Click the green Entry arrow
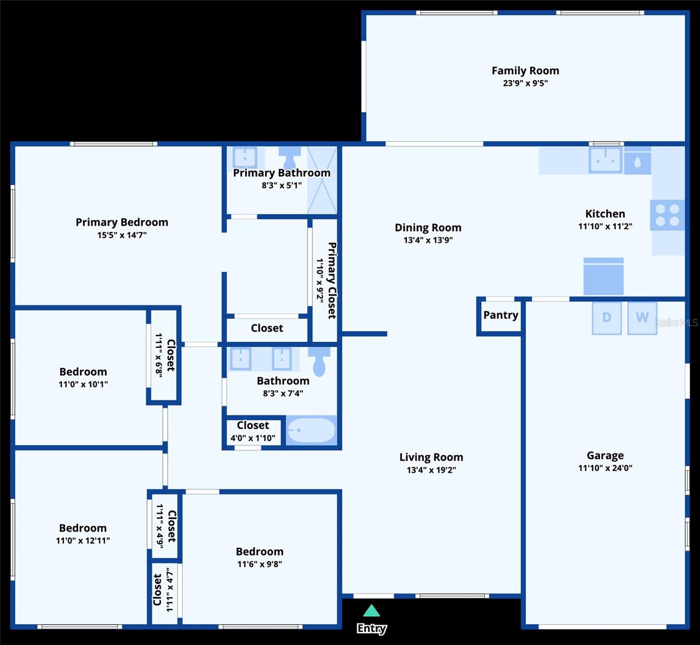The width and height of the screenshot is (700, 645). click(x=371, y=611)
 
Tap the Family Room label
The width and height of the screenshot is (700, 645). click(x=525, y=71)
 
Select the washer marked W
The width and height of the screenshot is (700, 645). click(x=642, y=318)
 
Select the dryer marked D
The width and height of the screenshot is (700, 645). click(x=607, y=318)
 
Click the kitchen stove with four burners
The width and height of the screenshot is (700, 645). click(x=667, y=215)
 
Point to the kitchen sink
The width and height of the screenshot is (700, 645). click(x=605, y=160)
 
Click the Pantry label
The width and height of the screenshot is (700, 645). click(x=501, y=316)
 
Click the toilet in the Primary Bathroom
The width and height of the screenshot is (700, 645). click(x=290, y=157)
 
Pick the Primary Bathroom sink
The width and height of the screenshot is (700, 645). click(x=245, y=157)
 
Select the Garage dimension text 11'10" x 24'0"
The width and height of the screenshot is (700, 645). click(x=605, y=468)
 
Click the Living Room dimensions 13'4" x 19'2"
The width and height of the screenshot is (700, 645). click(x=431, y=470)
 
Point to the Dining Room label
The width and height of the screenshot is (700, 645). click(x=428, y=228)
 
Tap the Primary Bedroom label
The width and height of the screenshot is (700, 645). click(x=122, y=223)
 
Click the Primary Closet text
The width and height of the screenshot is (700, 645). click(x=332, y=281)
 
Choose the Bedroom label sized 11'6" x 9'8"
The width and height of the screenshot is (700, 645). click(x=259, y=552)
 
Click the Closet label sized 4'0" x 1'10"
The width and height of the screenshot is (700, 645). click(x=253, y=425)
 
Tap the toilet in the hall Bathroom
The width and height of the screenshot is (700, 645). click(x=319, y=362)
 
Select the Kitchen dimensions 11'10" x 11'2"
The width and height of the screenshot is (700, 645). click(x=605, y=226)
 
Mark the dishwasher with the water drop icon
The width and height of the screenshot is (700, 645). click(x=638, y=161)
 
